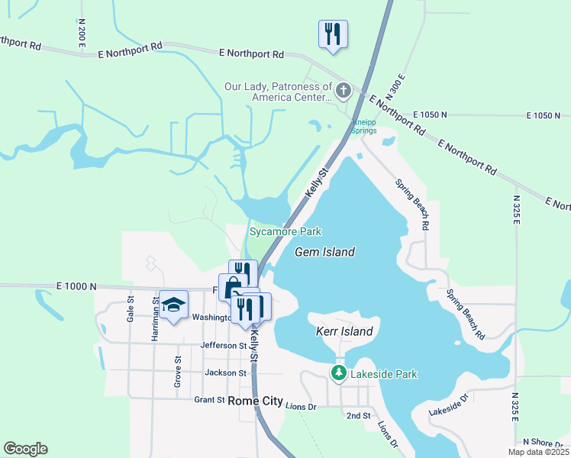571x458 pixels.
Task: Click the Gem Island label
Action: pos(325,251)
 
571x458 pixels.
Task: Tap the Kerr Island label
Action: pos(344,331)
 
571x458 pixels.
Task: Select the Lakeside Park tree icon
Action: pos(339,373)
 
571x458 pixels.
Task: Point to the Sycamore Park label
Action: pos(285,231)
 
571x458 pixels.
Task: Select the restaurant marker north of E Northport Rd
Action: pos(333,34)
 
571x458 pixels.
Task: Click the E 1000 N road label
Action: pos(76,286)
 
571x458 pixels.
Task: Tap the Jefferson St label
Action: pos(224,345)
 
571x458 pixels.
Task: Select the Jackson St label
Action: pos(226,373)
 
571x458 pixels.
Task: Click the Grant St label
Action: pos(209,399)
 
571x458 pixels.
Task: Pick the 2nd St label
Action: pos(358,416)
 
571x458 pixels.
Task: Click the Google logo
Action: pos(25,449)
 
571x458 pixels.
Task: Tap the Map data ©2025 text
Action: pos(538,452)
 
